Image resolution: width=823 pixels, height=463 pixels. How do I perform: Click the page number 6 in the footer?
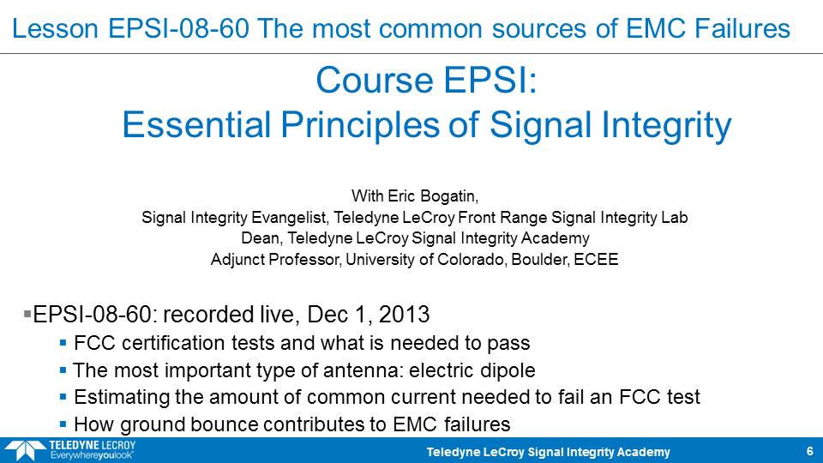(x=810, y=452)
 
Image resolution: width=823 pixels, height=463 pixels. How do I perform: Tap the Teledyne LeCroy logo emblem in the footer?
(x=24, y=451)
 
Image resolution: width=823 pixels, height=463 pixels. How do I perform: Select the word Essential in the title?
(x=196, y=125)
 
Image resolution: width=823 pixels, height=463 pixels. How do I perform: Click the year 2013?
(x=404, y=315)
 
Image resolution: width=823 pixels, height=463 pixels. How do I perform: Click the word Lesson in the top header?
(x=55, y=28)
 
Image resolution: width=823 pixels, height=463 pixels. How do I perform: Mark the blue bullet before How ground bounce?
(x=63, y=424)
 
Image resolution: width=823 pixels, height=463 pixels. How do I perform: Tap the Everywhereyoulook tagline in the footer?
(x=92, y=455)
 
